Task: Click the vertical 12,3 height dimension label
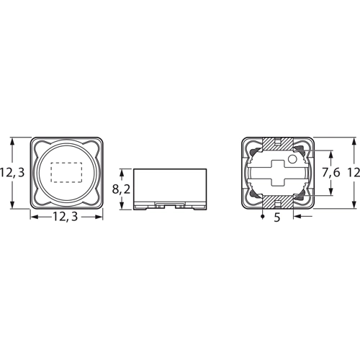point(14,172)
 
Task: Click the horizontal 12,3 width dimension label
point(66,217)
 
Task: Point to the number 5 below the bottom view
point(278,217)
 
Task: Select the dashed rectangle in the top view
point(66,172)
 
